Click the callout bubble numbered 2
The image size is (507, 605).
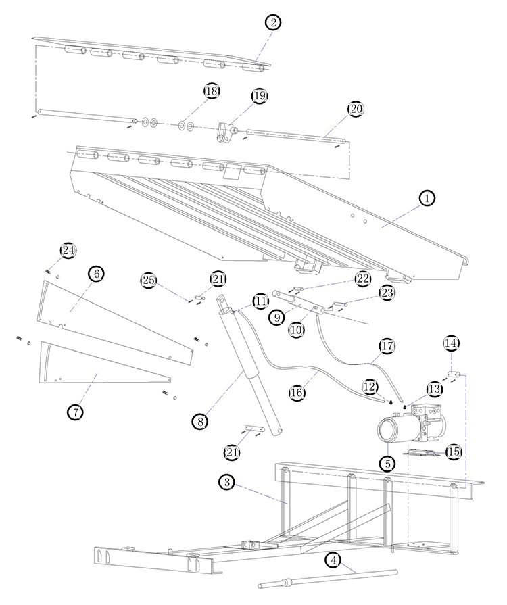pyautogui.click(x=272, y=22)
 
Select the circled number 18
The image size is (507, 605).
pyautogui.click(x=212, y=91)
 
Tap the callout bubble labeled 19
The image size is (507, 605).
pyautogui.click(x=260, y=96)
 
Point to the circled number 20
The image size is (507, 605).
pyautogui.click(x=356, y=109)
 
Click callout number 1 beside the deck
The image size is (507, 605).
pyautogui.click(x=427, y=198)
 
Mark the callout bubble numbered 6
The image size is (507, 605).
pyautogui.click(x=97, y=274)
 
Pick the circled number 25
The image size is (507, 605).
pyautogui.click(x=149, y=279)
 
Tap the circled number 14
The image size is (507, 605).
pyautogui.click(x=452, y=343)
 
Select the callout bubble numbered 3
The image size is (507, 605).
pyautogui.click(x=226, y=482)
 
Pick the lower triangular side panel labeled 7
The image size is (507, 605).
pyautogui.click(x=101, y=368)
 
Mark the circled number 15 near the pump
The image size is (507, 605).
pyautogui.click(x=452, y=451)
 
